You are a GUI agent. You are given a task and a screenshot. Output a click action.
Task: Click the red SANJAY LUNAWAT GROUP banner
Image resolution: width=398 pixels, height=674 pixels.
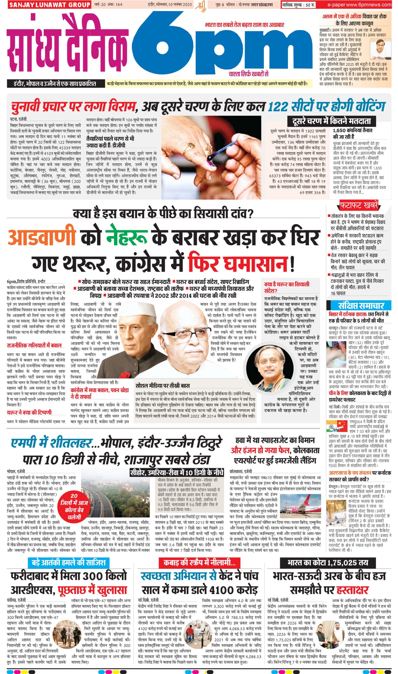(49, 4)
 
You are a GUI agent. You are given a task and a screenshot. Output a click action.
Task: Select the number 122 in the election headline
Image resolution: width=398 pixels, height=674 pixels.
(280, 107)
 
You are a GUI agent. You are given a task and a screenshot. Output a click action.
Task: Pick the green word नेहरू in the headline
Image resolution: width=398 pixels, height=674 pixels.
(127, 237)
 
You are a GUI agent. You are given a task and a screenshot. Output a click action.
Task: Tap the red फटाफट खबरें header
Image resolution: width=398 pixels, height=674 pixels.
(359, 205)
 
